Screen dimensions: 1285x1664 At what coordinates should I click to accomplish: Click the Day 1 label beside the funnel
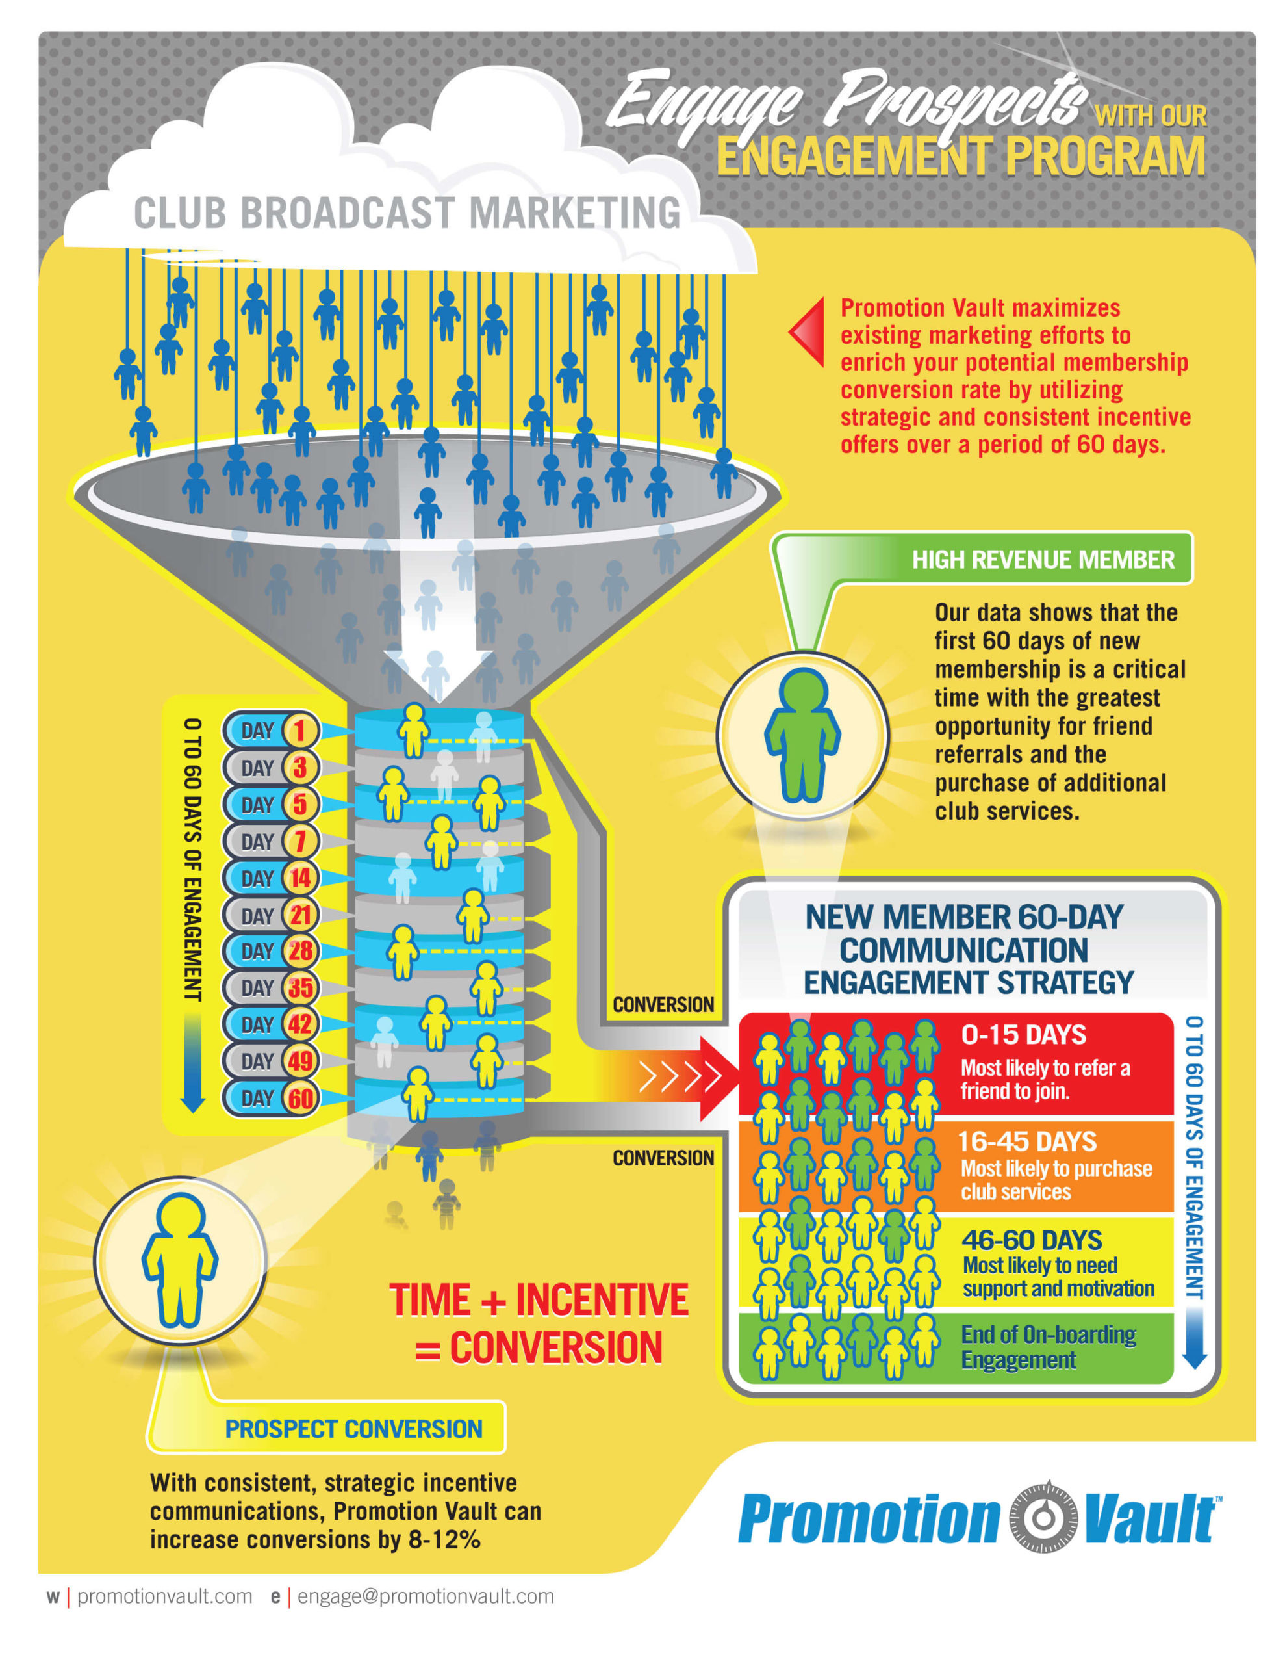271,730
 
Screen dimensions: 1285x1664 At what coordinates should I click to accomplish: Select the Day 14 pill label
271,877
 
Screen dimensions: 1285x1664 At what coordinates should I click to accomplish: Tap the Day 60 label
271,1098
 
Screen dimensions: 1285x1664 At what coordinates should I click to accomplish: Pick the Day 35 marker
271,987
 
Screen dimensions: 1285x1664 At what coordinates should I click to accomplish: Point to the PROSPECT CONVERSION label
353,1429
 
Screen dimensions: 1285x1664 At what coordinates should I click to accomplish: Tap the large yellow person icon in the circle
180,1260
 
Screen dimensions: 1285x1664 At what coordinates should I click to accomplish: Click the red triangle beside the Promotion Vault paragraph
807,332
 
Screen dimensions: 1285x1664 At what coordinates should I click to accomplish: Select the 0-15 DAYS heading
1023,1035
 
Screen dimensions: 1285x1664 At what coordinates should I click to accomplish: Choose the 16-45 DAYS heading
1027,1141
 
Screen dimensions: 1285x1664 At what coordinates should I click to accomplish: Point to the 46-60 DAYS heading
1032,1240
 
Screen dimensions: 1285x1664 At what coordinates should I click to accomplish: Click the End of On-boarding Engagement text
1048,1347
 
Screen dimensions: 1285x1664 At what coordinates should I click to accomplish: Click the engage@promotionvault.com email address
425,1596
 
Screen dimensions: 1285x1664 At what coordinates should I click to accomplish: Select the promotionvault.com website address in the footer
164,1596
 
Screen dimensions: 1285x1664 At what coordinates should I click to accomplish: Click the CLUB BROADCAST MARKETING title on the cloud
407,213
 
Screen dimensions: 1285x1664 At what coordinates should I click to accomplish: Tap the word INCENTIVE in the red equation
602,1299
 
